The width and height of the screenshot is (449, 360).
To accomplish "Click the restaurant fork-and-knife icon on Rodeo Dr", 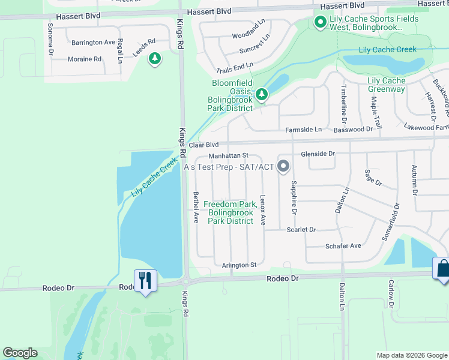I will pyautogui.click(x=145, y=281).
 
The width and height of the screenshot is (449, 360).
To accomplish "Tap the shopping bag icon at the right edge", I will pyautogui.click(x=442, y=268).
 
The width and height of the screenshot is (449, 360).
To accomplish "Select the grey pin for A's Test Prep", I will pyautogui.click(x=283, y=167).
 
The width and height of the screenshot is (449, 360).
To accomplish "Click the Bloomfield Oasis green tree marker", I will pyautogui.click(x=261, y=94).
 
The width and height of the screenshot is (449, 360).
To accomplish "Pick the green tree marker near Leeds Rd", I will pyautogui.click(x=155, y=59).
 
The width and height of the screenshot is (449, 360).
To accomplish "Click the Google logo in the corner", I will pyautogui.click(x=19, y=353).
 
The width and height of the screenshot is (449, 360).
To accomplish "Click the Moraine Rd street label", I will pyautogui.click(x=84, y=59).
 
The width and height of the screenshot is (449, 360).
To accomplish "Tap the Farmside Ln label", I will pyautogui.click(x=303, y=129).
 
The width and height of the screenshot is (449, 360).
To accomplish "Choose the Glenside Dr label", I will pyautogui.click(x=318, y=154).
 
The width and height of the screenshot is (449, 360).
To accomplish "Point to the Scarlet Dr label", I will pyautogui.click(x=301, y=229).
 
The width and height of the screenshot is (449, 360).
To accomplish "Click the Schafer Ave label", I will pyautogui.click(x=343, y=245).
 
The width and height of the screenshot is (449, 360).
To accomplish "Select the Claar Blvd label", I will pyautogui.click(x=203, y=145).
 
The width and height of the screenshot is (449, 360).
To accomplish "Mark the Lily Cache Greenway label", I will pyautogui.click(x=386, y=85).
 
